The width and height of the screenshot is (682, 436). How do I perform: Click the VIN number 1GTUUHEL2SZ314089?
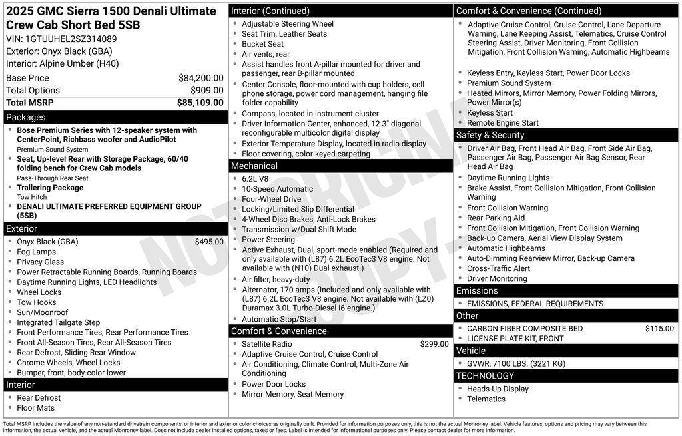[x=71, y=39]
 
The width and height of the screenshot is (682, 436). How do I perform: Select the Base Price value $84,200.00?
[x=201, y=78]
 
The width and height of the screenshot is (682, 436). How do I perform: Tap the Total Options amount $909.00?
[x=207, y=90]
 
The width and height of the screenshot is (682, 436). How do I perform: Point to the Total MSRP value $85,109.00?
[x=200, y=103]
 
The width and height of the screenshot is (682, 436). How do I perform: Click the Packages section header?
[x=26, y=117]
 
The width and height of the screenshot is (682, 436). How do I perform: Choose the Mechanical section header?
[x=254, y=166]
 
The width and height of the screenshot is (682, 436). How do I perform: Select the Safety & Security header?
[x=490, y=135]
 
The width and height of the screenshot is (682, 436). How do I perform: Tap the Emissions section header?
[x=477, y=290]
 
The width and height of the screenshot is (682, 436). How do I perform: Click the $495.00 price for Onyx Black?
[x=209, y=242]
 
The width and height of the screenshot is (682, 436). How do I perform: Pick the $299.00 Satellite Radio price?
[x=434, y=344]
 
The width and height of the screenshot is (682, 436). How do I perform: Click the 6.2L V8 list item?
[x=255, y=179]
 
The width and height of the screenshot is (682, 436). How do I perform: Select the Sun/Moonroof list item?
[x=43, y=312]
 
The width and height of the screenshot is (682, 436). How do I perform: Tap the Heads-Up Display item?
[x=498, y=389]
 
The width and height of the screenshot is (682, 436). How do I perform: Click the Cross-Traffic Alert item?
[x=498, y=268]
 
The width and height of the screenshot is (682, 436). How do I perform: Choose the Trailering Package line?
[x=50, y=188]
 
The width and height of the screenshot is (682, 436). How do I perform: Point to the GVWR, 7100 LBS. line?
[x=515, y=363]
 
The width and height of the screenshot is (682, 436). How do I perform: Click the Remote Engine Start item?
[x=503, y=123]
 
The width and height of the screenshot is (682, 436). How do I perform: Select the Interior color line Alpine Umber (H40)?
[x=63, y=63]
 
